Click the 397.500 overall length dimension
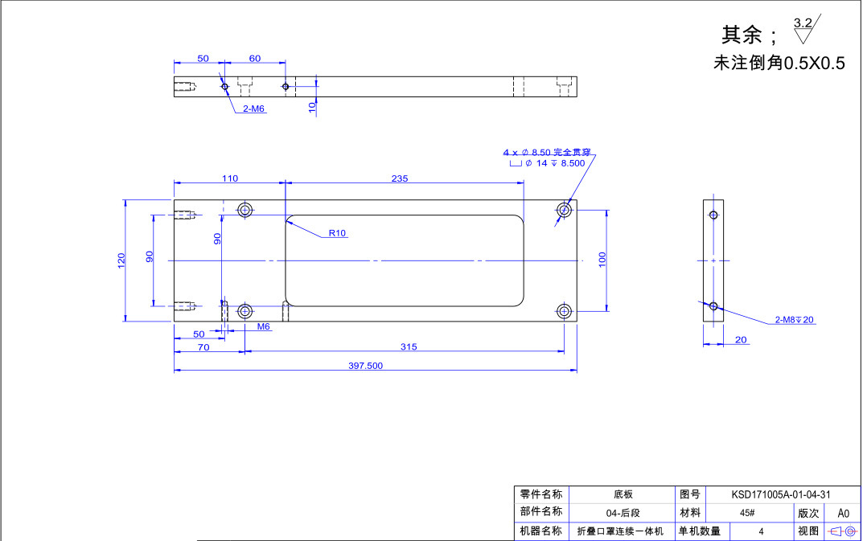(x=365, y=366)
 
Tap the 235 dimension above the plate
(x=400, y=178)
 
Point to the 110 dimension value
(x=229, y=178)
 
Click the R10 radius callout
(x=337, y=234)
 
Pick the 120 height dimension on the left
(x=121, y=260)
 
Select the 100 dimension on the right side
(x=602, y=259)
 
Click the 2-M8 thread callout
(x=794, y=320)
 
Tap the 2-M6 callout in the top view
(x=253, y=109)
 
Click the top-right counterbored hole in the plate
(x=565, y=210)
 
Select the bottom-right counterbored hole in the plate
(x=565, y=310)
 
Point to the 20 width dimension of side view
(x=741, y=340)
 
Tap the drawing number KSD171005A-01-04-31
(x=780, y=494)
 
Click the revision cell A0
(x=843, y=513)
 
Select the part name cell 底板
(x=623, y=494)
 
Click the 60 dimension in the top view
(x=254, y=59)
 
